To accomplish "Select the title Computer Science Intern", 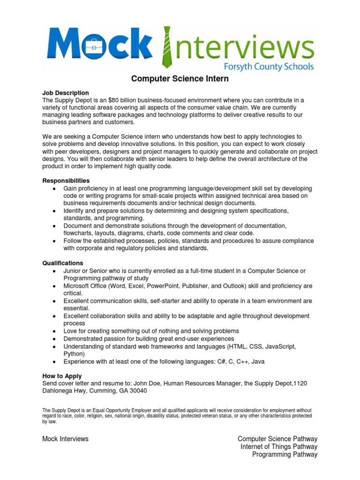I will pyautogui.click(x=180, y=79).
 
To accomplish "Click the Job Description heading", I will pyautogui.click(x=66, y=93).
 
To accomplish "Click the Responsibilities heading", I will pyautogui.click(x=66, y=180).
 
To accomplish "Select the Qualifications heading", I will pyautogui.click(x=63, y=263).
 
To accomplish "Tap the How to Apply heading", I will pyautogui.click(x=62, y=376).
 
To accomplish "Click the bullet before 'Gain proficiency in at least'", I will pyautogui.click(x=55, y=188).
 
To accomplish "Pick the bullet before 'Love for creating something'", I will pyautogui.click(x=55, y=331).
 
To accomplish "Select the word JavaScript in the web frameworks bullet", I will pyautogui.click(x=279, y=346).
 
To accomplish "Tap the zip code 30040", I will pyautogui.click(x=137, y=391).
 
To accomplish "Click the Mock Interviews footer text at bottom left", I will pyautogui.click(x=65, y=439).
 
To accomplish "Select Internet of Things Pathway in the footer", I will pyautogui.click(x=279, y=447).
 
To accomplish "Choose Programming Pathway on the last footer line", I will pyautogui.click(x=285, y=454).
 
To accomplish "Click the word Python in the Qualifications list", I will pyautogui.click(x=74, y=353).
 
